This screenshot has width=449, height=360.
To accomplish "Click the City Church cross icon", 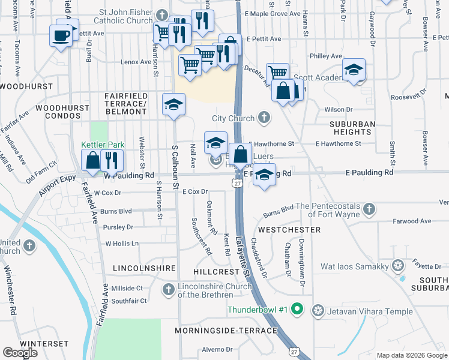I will pyautogui.click(x=264, y=118).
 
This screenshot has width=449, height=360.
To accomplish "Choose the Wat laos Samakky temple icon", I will pyautogui.click(x=397, y=265).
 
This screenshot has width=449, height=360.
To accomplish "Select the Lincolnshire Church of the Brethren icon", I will pyautogui.click(x=170, y=290).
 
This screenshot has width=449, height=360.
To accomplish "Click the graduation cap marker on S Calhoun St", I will pyautogui.click(x=173, y=105).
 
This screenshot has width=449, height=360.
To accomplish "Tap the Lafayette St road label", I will pyautogui.click(x=243, y=255).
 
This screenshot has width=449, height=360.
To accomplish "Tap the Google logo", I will pyautogui.click(x=20, y=352).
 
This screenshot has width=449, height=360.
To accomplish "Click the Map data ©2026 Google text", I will pyautogui.click(x=411, y=355).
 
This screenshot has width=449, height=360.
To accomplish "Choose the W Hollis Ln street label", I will pyautogui.click(x=122, y=244).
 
